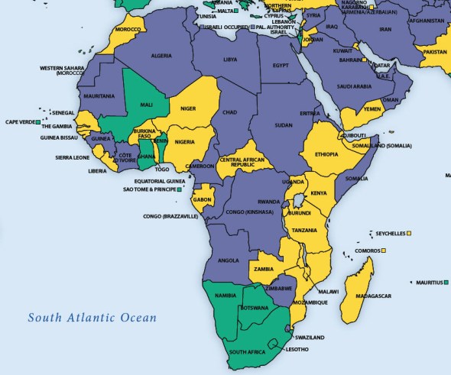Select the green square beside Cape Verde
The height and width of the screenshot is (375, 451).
37,121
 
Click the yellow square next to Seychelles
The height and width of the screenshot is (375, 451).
410,233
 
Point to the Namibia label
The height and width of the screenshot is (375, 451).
223,295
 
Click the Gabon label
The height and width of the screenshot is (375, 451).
203,199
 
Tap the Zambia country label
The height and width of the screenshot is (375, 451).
264,269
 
